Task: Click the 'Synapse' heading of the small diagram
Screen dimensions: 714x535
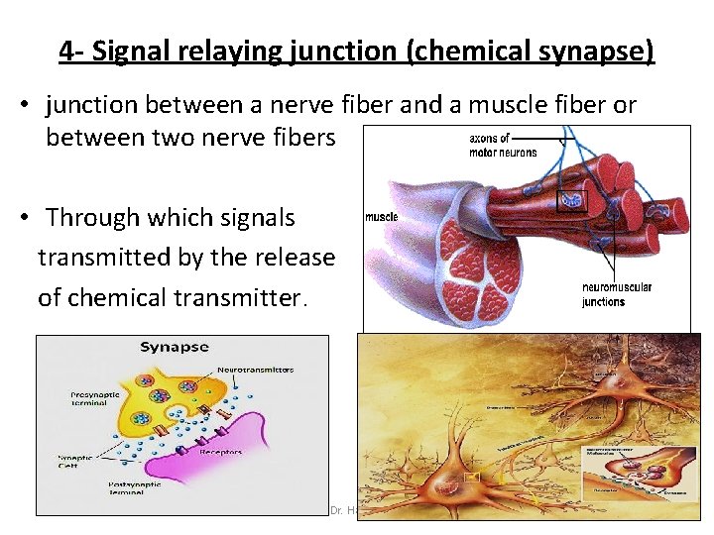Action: pos(175,347)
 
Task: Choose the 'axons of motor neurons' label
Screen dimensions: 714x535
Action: pos(503,145)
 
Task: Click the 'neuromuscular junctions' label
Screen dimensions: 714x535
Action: pos(617,294)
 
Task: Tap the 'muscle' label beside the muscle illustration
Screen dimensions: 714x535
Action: pos(382,216)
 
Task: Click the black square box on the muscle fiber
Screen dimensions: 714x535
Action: pos(571,200)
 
